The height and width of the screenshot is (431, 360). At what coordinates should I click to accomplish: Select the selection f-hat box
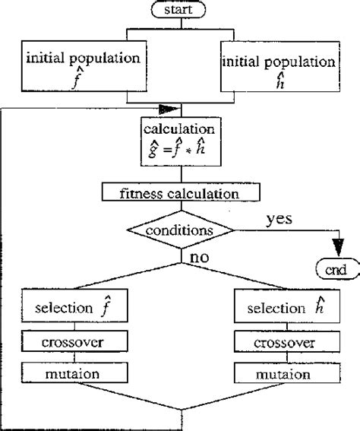tap(74, 309)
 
